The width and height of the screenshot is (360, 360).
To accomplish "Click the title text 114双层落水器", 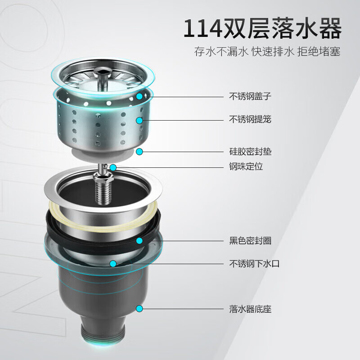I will tap(262, 28).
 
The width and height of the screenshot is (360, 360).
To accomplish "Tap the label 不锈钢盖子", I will tap(250, 96).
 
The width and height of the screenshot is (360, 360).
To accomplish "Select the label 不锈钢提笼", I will tap(250, 119).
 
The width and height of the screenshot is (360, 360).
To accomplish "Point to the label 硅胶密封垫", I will tap(250, 152).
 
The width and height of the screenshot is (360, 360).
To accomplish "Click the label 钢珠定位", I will tap(246, 166).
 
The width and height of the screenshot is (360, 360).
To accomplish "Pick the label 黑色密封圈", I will tap(250, 241).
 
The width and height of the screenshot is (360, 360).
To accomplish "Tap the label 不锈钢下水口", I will tap(254, 264).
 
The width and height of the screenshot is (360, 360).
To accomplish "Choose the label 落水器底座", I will tap(250, 309).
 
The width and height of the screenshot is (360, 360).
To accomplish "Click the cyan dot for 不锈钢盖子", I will tap(139, 96).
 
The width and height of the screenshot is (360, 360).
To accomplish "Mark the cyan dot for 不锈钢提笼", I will tap(139, 120).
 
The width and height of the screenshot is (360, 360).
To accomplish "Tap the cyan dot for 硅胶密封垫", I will tap(139, 152).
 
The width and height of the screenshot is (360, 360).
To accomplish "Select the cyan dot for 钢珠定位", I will tap(113, 167).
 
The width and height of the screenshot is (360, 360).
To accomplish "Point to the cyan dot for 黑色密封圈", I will tap(139, 241).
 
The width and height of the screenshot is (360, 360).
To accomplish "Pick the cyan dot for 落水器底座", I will tap(139, 309).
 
